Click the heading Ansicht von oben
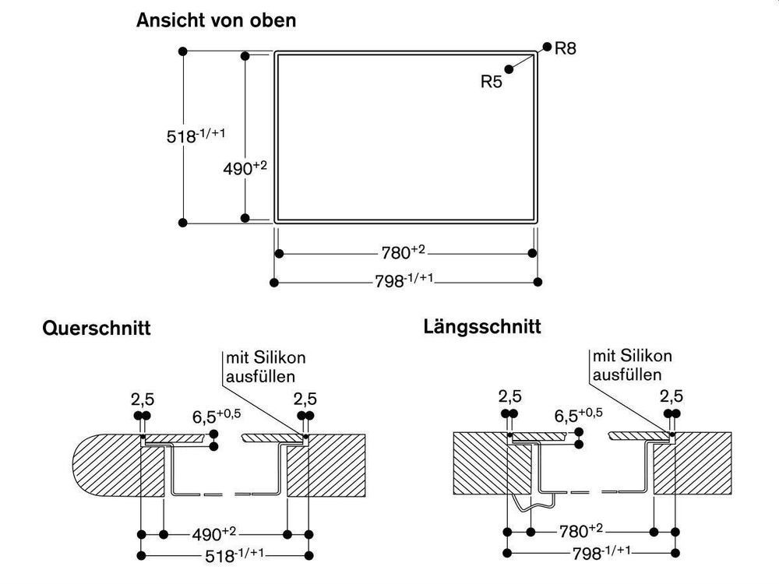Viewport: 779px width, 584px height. click(x=216, y=21)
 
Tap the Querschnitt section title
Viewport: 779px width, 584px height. click(x=96, y=329)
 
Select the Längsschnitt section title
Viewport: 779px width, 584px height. click(x=482, y=325)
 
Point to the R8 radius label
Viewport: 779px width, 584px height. click(x=566, y=49)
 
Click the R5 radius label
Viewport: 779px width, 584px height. click(x=492, y=81)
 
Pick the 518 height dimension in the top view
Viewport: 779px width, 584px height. click(x=196, y=135)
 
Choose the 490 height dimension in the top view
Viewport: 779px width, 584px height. click(x=249, y=167)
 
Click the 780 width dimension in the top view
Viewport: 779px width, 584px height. click(x=404, y=252)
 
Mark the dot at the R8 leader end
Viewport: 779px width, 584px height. click(x=547, y=46)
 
